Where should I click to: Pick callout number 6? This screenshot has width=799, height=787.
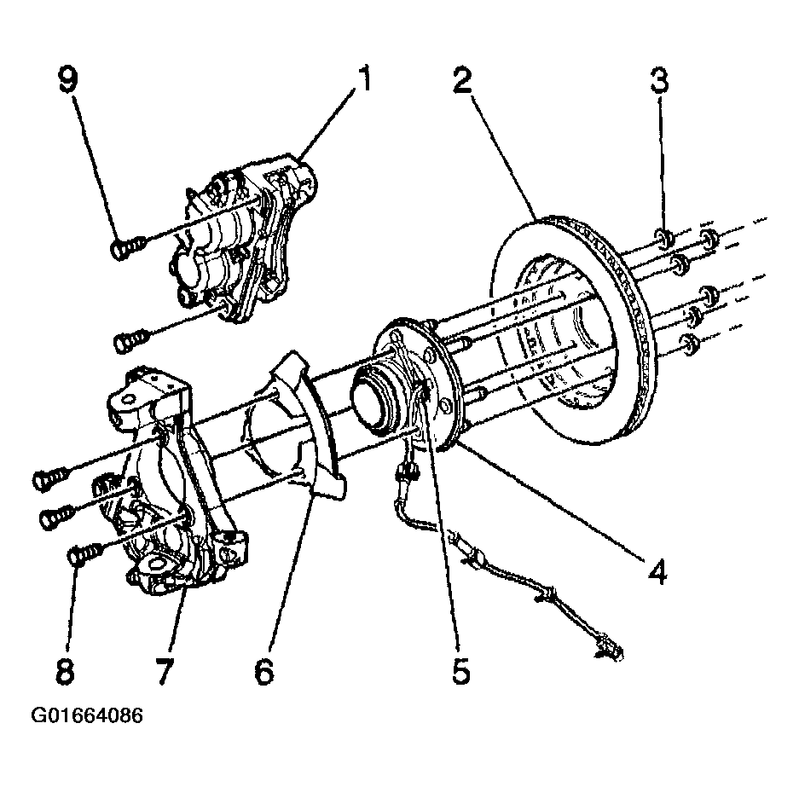263,671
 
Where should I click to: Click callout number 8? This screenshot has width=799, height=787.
66,671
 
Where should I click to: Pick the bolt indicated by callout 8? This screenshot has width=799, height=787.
81,556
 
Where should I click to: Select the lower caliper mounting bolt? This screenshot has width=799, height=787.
128,341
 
